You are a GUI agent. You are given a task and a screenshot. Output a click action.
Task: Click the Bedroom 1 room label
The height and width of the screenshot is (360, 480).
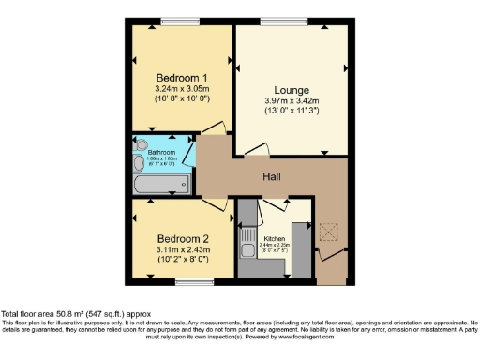(181, 78)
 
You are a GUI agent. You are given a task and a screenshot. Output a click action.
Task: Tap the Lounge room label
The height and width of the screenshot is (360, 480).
(291, 89)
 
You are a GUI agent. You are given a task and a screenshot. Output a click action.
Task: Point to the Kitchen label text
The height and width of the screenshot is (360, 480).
(274, 239)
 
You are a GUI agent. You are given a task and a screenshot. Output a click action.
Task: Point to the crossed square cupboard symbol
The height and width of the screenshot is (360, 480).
(329, 232)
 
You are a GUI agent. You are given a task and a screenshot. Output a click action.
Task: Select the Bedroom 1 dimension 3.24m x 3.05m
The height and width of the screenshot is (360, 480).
(181, 89)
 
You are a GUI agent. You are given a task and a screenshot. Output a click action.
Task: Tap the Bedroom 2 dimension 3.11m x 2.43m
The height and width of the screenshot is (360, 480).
(181, 250)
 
